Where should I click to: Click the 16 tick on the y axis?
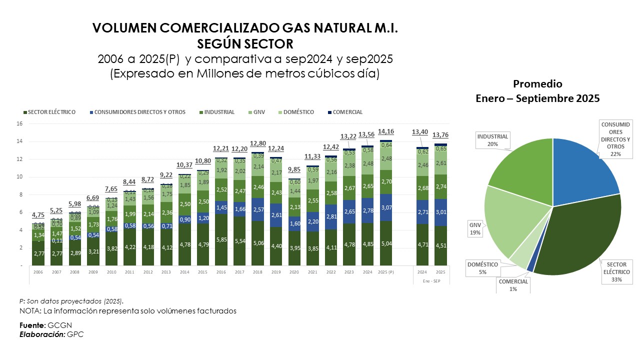coord(20,124)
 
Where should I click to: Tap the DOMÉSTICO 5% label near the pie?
coord(483,268)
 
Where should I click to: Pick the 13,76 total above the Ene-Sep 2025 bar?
coord(440,135)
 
